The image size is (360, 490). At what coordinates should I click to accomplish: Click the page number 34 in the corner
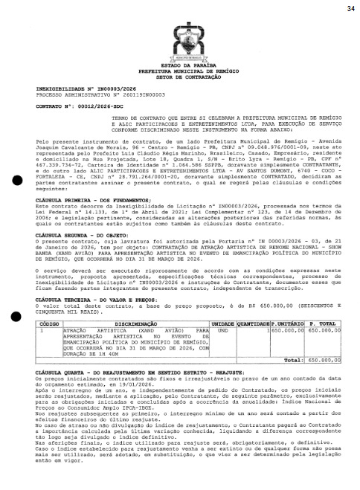350,8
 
